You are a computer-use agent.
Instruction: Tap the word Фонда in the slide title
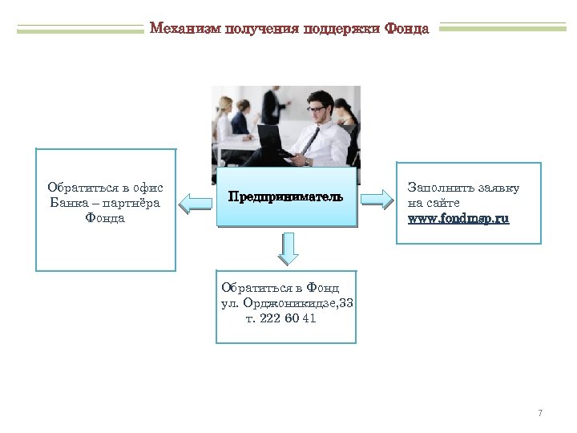coord(406,29)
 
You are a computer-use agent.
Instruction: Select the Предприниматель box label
coord(285,197)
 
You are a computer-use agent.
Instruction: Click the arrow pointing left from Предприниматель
coord(195,203)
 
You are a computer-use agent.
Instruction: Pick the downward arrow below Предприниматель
coord(288,249)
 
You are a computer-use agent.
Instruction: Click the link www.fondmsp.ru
coord(458,218)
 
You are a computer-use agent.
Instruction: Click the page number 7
coord(540,413)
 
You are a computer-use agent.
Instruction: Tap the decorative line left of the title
coord(80,30)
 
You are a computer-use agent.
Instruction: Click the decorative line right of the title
coord(502,28)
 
